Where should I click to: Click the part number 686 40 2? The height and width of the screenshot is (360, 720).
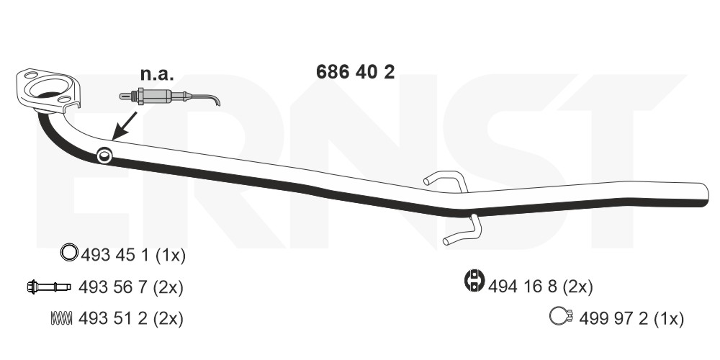pos(355,72)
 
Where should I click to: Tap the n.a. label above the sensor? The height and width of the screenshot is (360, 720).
pos(157,73)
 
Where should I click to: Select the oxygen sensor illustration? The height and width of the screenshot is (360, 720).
pos(169,97)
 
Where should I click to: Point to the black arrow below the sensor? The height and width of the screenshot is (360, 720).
pos(125,125)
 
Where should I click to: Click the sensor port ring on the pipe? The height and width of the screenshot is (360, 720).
pos(104,156)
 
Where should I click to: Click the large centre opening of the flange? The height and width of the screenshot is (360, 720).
pos(49,87)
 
